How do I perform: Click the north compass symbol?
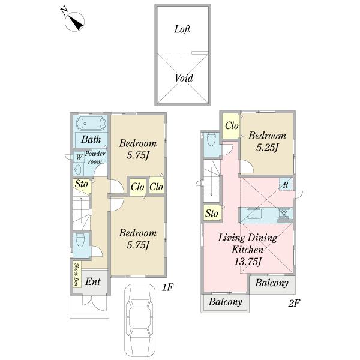[73, 20]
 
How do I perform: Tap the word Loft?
[182, 29]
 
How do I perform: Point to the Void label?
[184, 78]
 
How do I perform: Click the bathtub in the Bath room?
[92, 124]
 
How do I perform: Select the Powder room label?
[95, 157]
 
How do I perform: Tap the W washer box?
[79, 157]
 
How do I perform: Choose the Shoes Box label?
[77, 274]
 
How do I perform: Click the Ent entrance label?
[93, 281]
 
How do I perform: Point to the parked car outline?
[139, 321]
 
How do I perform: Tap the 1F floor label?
[168, 287]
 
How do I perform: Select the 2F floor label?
[294, 303]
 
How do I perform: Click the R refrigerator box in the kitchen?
[286, 184]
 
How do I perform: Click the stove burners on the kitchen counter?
[284, 214]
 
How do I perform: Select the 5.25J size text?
[267, 148]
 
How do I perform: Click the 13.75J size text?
[248, 262]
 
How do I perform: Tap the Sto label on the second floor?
[211, 213]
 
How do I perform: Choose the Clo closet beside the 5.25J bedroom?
[232, 125]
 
